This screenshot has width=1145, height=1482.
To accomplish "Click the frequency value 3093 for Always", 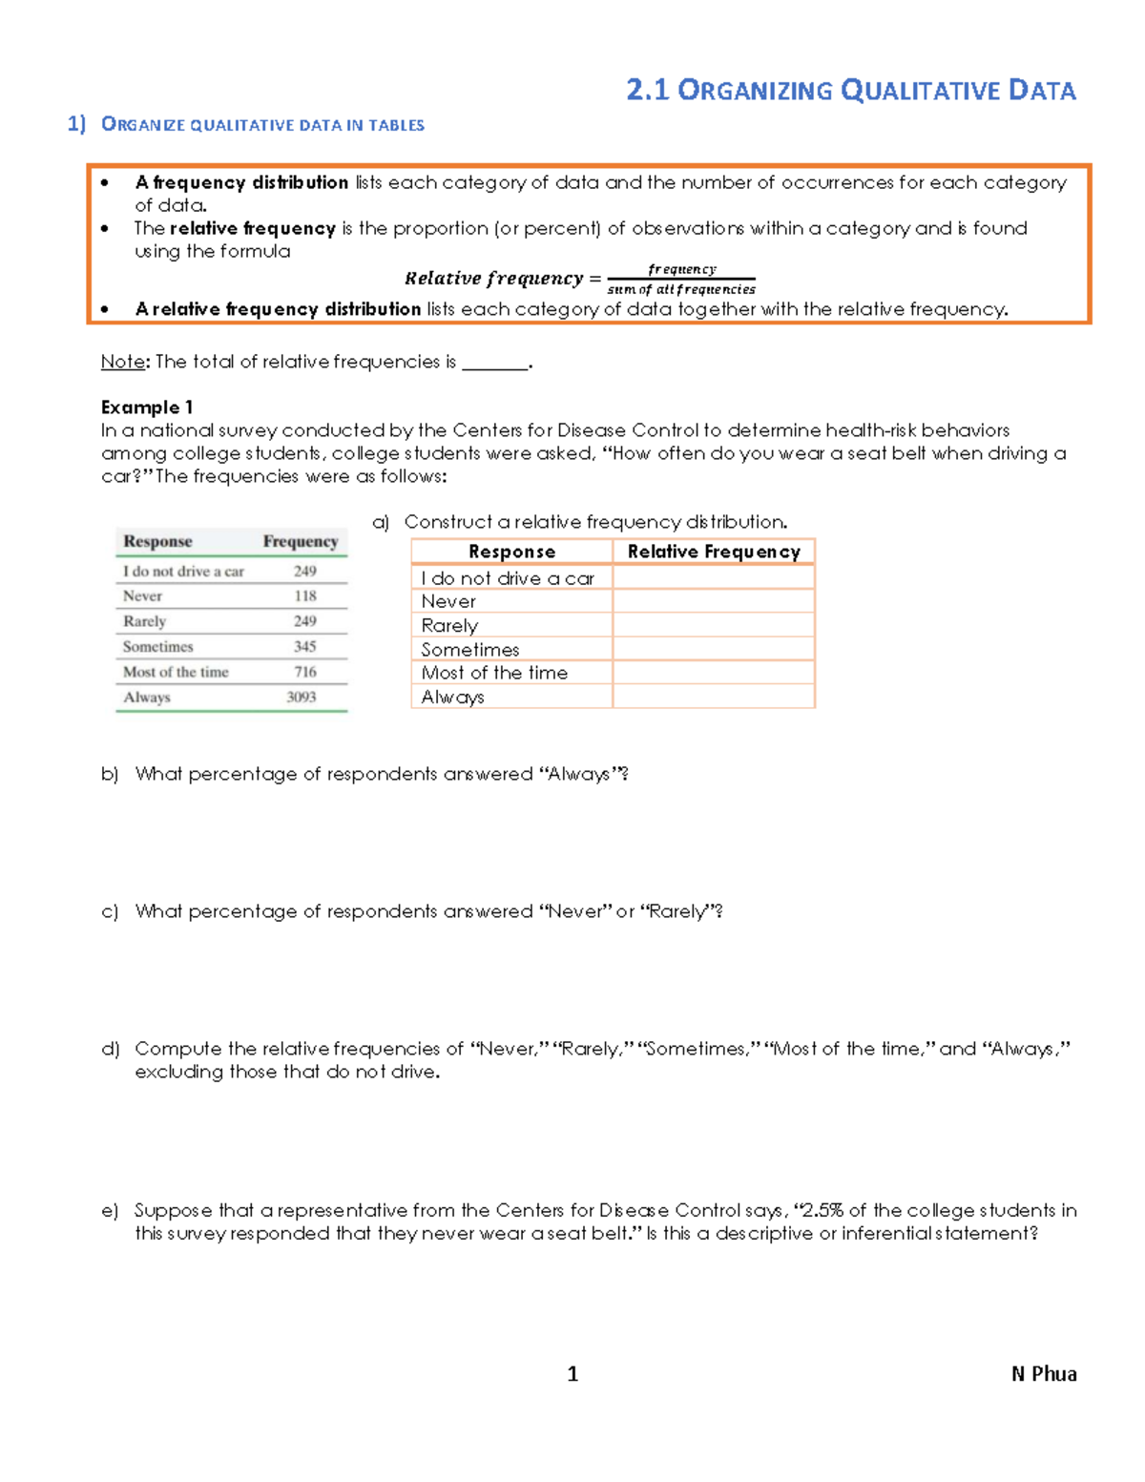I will [x=301, y=698].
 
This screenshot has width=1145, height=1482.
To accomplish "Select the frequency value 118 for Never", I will [x=304, y=596].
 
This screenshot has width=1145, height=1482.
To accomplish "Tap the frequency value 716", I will [x=304, y=672].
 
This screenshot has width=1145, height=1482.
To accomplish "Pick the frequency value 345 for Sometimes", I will [x=304, y=647].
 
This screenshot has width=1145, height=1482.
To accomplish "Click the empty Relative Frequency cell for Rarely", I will [x=713, y=625].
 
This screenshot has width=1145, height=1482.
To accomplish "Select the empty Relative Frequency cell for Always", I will [x=713, y=697].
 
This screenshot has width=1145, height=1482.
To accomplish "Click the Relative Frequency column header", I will [x=713, y=552].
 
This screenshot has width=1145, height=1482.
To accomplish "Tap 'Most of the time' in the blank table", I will [x=494, y=673].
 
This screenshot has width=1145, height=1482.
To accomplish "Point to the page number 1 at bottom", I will [x=572, y=1374].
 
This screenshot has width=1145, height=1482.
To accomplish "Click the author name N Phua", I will [x=1044, y=1374].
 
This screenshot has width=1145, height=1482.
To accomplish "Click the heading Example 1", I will [x=147, y=407].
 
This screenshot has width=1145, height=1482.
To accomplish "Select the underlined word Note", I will [x=122, y=362].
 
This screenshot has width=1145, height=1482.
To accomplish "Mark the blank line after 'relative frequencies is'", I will [x=494, y=365].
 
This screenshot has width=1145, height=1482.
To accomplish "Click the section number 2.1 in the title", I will [x=647, y=91].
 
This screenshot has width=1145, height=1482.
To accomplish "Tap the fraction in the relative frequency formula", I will [x=681, y=280].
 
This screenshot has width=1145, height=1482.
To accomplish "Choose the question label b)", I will [x=110, y=774].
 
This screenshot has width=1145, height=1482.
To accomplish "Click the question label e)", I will [x=110, y=1211].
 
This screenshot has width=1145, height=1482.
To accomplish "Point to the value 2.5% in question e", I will [x=822, y=1211].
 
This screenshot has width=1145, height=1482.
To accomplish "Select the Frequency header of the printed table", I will [x=301, y=542].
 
